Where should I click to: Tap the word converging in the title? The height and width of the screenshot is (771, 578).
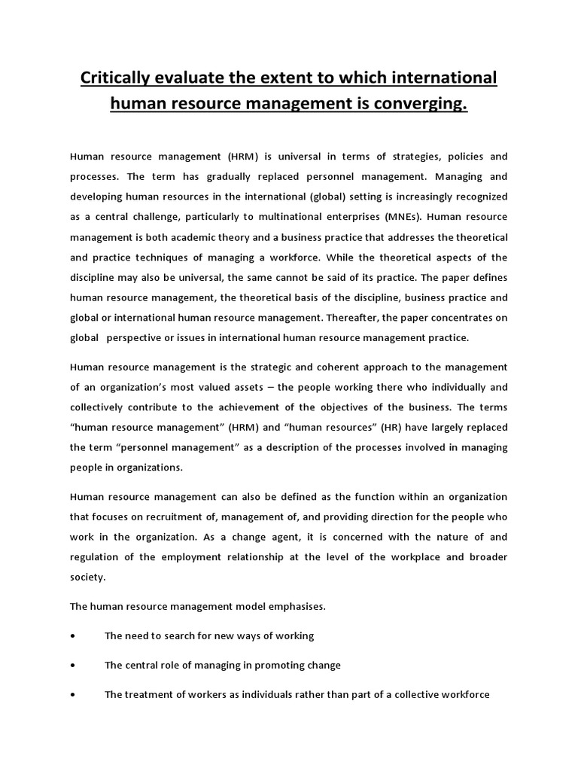(418, 105)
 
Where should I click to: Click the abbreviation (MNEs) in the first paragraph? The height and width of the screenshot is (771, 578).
(405, 215)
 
